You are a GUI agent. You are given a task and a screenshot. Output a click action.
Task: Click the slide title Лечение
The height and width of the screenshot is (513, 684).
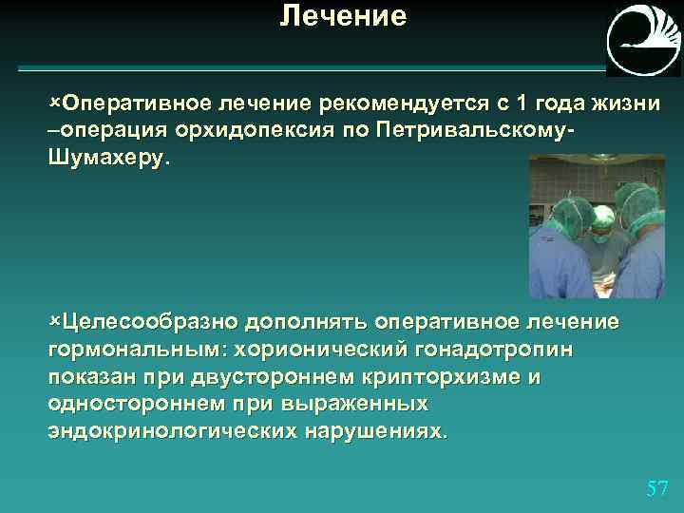[x=343, y=16]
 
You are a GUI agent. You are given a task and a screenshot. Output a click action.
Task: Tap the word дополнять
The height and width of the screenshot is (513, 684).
[x=308, y=322]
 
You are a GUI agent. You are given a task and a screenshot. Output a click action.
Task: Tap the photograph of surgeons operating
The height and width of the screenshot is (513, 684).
[x=596, y=228]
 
